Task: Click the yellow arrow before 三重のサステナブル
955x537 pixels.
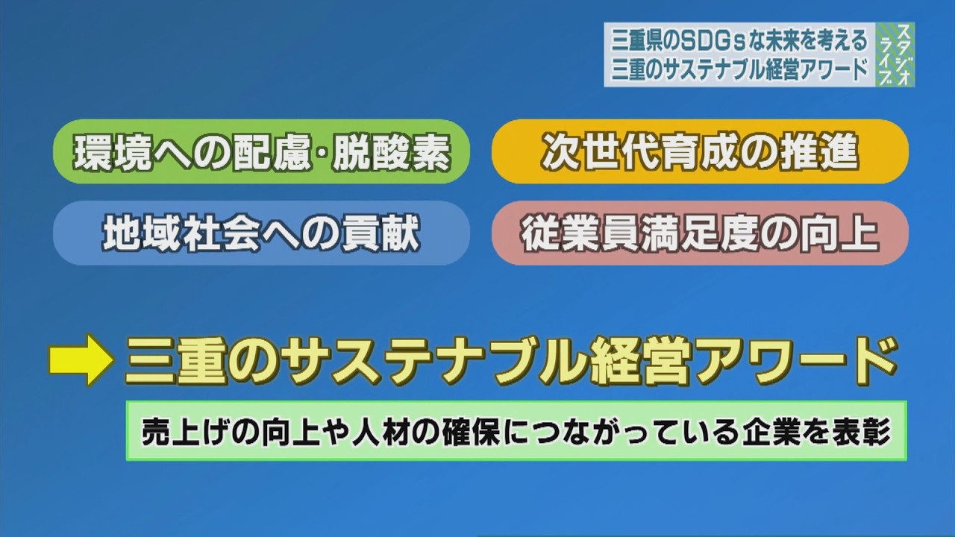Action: point(80,359)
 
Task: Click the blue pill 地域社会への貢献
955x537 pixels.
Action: point(262,233)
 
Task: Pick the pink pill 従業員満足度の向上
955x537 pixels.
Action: point(700,233)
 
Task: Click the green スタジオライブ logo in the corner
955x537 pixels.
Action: point(895,54)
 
